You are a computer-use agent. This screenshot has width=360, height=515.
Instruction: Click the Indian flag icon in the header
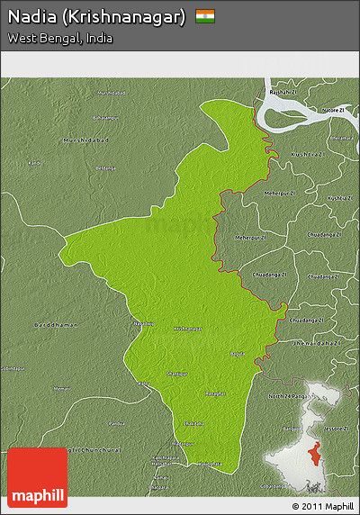(205, 16)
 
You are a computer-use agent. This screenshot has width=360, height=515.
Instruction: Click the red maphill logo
(37, 477)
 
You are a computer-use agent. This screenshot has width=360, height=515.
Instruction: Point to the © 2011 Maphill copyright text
(322, 506)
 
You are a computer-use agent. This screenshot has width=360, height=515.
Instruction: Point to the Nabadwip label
(144, 323)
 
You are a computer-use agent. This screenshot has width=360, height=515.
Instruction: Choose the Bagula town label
(236, 353)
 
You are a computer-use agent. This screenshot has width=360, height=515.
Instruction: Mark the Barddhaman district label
(56, 324)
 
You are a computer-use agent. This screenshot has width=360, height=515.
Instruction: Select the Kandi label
(34, 163)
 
